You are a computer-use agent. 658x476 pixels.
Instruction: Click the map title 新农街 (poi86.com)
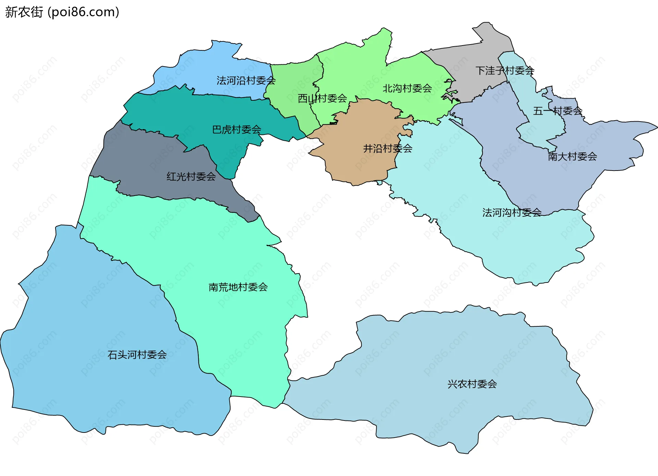coord(62,12)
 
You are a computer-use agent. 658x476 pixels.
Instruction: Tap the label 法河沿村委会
coord(246,80)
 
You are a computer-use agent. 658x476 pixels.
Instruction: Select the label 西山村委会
coord(322,99)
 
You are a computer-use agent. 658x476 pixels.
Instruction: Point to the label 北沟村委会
coord(407,88)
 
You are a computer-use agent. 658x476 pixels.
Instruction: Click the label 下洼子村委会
coord(504,71)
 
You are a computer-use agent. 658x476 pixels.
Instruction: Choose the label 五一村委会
coord(558,111)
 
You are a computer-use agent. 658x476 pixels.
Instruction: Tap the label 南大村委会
coord(572,156)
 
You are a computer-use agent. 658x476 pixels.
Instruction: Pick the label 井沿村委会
coord(388,149)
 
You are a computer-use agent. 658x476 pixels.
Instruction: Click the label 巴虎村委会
coord(236,129)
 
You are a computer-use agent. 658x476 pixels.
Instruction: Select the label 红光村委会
coord(191,177)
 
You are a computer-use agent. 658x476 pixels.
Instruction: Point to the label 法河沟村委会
coord(512,213)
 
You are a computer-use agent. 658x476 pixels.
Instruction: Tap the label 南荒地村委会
coord(238,287)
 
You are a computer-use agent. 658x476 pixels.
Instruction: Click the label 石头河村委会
coord(137,355)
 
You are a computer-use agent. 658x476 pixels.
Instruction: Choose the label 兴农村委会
coord(472,384)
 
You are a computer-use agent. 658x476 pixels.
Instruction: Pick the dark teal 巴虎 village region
coord(192,113)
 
